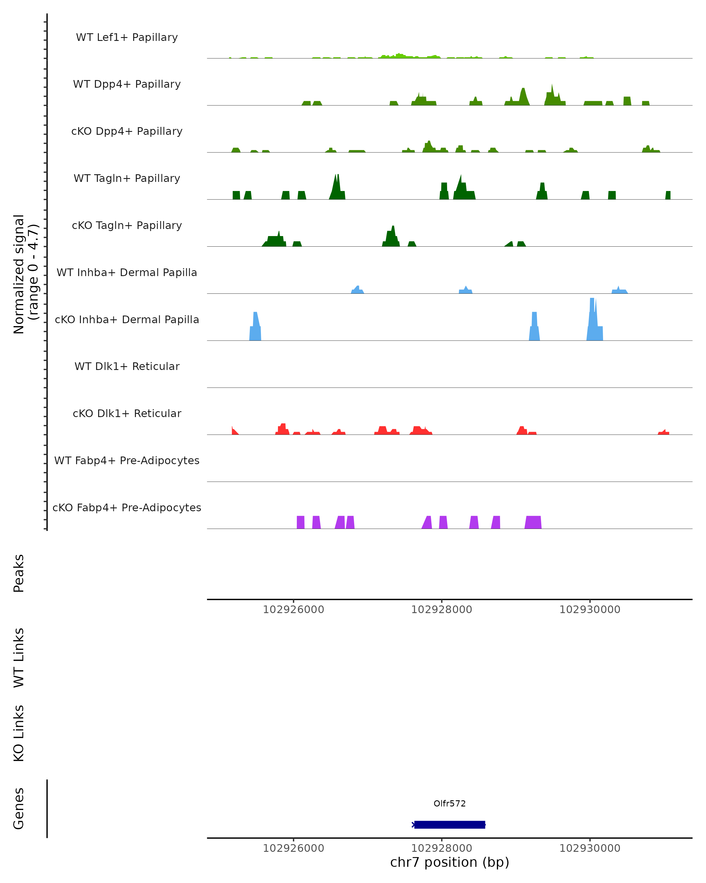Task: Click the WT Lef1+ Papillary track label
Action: point(127,37)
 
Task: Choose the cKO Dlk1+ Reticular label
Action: point(127,413)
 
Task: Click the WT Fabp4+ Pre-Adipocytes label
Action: point(127,460)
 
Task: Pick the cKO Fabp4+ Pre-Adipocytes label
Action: point(127,507)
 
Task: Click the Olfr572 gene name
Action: point(449,804)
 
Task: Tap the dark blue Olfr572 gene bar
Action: point(449,824)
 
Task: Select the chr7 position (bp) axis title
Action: point(449,862)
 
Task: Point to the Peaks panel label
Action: point(19,573)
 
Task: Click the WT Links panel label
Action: point(19,657)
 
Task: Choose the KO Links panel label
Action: point(19,733)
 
